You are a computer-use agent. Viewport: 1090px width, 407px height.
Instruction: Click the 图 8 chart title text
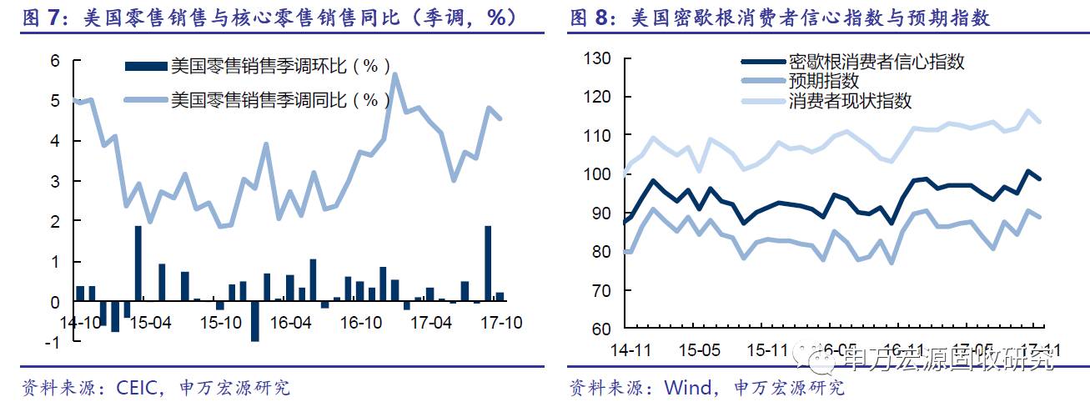point(780,17)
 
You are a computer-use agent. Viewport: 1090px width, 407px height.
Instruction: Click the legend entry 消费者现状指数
point(850,101)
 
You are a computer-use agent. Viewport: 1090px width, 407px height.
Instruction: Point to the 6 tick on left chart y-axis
point(56,60)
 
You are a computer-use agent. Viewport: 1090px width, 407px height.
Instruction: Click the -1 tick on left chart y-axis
point(53,341)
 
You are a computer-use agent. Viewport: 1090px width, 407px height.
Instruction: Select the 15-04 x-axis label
point(151,322)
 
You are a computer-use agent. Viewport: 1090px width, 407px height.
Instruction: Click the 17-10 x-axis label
point(501,322)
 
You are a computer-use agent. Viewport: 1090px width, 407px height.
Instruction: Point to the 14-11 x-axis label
point(631,349)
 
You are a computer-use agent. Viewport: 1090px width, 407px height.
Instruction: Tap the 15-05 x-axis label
point(699,349)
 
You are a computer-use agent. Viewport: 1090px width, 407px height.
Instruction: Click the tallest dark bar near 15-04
point(138,263)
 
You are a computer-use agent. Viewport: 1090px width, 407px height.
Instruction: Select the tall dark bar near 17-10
point(488,263)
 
